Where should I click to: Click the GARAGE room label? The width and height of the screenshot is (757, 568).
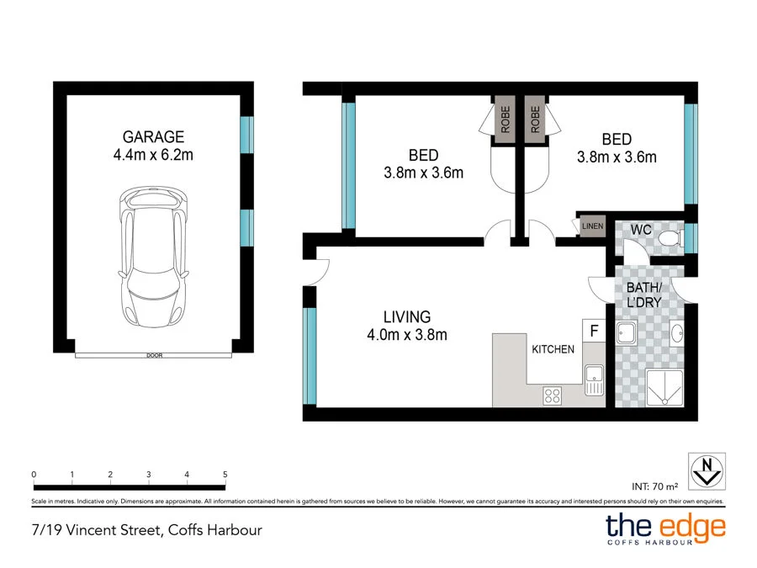coord(153,137)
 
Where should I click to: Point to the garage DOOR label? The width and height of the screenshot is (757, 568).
coord(153,356)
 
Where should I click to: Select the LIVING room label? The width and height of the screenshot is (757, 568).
coord(407,317)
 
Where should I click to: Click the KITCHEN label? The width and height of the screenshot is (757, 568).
coord(553,349)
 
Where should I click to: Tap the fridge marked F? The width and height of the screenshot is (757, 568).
coord(593,331)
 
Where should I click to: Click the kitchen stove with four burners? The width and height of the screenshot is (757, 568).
coord(553,395)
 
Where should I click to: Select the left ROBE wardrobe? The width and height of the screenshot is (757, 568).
coord(506,120)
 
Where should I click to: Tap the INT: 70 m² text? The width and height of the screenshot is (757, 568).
coord(654,486)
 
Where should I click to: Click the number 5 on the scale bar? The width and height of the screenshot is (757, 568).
coord(225,475)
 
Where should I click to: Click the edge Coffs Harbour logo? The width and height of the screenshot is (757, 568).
coord(665,529)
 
